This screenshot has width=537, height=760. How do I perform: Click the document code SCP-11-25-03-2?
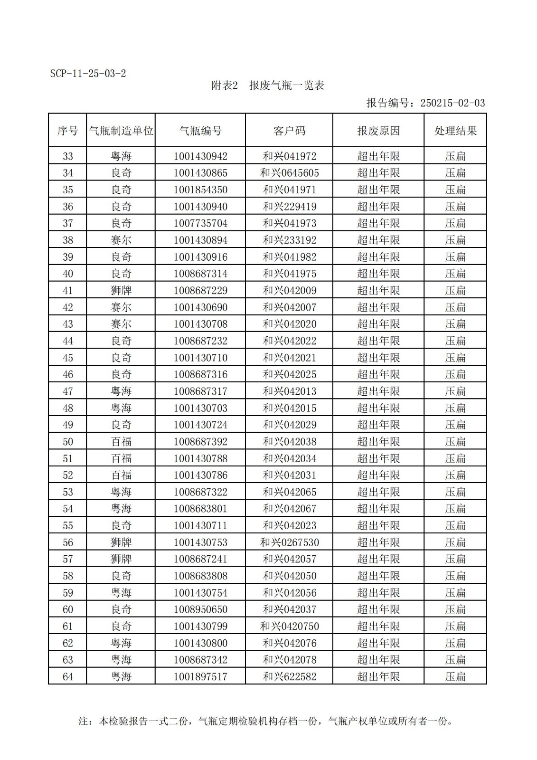pyautogui.click(x=88, y=74)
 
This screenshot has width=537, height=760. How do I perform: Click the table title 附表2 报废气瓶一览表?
pyautogui.click(x=268, y=85)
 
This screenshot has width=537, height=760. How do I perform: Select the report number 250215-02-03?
pyautogui.click(x=452, y=103)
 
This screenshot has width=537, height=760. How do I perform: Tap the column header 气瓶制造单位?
pyautogui.click(x=121, y=131)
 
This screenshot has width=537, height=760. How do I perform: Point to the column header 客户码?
pyautogui.click(x=289, y=131)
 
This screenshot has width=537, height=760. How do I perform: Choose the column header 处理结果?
pyautogui.click(x=455, y=131)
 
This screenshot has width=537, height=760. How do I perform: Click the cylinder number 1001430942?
pyautogui.click(x=200, y=156)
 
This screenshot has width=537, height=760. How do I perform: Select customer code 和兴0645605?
pyautogui.click(x=289, y=173)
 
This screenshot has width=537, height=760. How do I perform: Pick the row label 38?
pyautogui.click(x=68, y=240)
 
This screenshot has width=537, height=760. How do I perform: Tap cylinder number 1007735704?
pyautogui.click(x=200, y=223)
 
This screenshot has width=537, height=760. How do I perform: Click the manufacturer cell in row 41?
pyautogui.click(x=121, y=291)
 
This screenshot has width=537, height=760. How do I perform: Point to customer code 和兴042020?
pyautogui.click(x=289, y=324)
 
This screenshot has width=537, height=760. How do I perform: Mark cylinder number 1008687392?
pyautogui.click(x=200, y=442)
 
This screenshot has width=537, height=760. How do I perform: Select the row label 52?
pyautogui.click(x=68, y=475)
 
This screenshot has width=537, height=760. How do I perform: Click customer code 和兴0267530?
pyautogui.click(x=289, y=542)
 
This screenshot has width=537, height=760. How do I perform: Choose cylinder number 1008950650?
pyautogui.click(x=200, y=609)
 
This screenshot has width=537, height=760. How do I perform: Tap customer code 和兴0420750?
pyautogui.click(x=289, y=626)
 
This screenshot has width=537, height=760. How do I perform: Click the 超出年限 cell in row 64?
pyautogui.click(x=378, y=676)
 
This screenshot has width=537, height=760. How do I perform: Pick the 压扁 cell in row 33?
pyautogui.click(x=455, y=156)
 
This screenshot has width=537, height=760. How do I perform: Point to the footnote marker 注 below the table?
pyautogui.click(x=84, y=722)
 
